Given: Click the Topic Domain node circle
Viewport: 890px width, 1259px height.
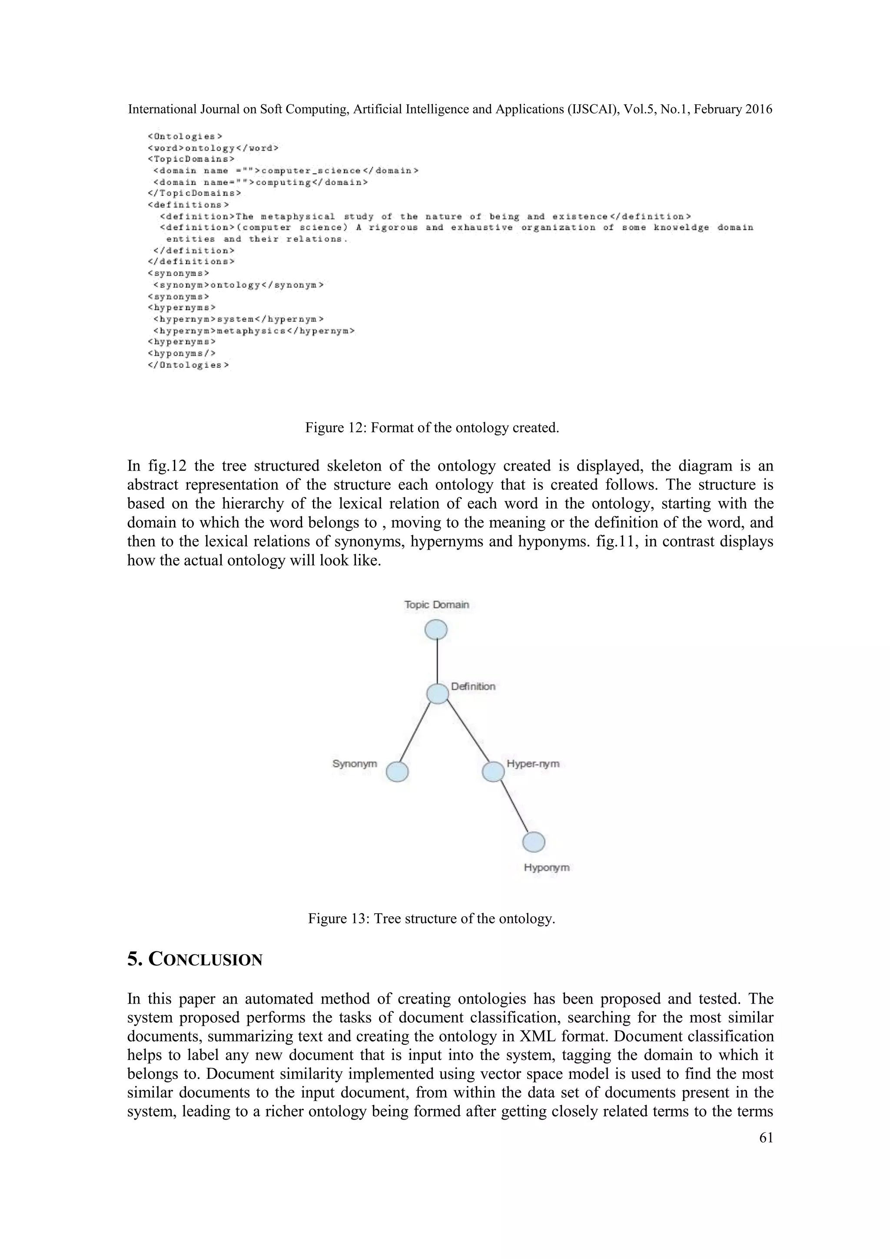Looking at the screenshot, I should (436, 629).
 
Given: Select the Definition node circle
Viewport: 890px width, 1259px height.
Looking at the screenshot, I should (437, 694).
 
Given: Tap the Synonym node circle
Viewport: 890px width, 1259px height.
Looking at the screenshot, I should (397, 772).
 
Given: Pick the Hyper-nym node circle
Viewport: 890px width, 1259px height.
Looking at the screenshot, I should (493, 772).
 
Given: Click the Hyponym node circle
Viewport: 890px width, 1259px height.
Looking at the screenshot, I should (534, 842).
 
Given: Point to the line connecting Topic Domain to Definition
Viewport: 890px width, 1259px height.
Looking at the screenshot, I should (437, 661).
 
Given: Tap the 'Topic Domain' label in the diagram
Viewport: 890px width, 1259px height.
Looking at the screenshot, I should (436, 605).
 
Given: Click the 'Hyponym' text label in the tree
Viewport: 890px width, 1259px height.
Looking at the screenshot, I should (546, 868).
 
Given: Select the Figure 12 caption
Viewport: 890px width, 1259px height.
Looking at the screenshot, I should (432, 428).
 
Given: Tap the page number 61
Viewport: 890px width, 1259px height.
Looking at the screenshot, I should (766, 1138).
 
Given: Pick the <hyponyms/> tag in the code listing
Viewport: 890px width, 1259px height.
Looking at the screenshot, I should (182, 354).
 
